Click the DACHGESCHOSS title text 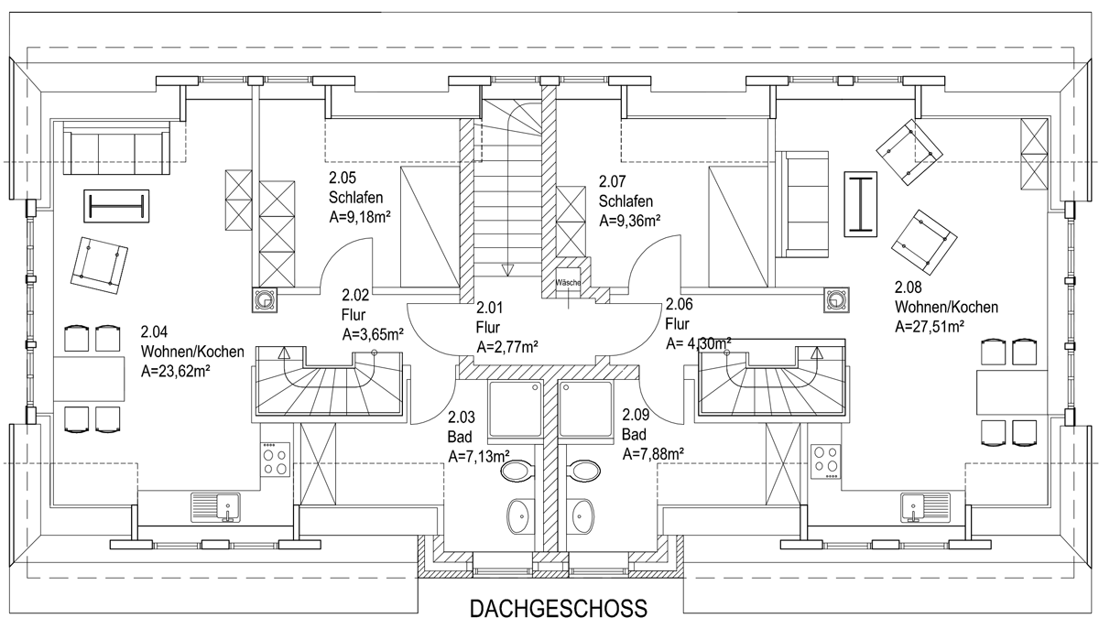[x=559, y=608]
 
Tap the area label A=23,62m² [x=176, y=372]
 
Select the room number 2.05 [x=343, y=177]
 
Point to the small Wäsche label [x=568, y=283]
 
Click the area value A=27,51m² [x=930, y=326]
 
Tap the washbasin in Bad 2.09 [x=582, y=516]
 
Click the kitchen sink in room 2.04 [x=215, y=507]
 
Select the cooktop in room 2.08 [x=826, y=461]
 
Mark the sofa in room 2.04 [x=116, y=147]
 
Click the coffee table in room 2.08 [x=861, y=204]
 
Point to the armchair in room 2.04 [x=99, y=265]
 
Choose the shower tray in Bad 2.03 [x=515, y=409]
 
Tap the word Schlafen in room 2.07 [x=626, y=201]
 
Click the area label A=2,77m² [x=507, y=347]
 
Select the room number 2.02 [x=355, y=295]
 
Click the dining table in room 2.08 [x=1012, y=393]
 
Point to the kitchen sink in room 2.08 [x=925, y=507]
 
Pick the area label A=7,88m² [x=654, y=454]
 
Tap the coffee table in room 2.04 [x=116, y=206]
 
